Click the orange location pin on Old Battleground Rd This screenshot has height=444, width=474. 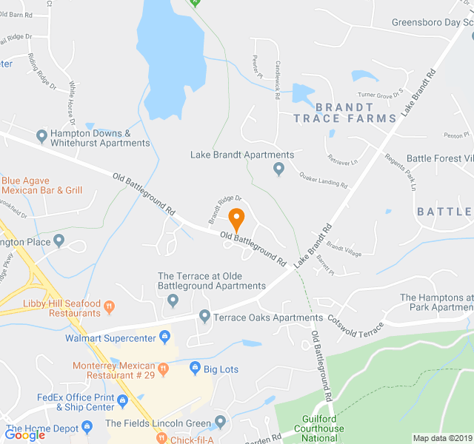pos(236,220)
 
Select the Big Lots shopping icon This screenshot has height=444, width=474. pos(195,367)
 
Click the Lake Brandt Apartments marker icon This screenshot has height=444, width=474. pos(278,169)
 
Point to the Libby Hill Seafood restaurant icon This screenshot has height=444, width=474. pos(109,305)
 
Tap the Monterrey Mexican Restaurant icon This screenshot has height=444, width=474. pos(164,367)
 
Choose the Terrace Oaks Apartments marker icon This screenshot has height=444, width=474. pos(204,317)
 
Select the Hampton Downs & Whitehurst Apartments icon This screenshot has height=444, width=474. pos(42,135)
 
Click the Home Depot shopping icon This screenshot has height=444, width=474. pos(87,428)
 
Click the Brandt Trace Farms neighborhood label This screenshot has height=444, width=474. pos(344,112)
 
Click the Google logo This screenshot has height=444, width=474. pos(24,435)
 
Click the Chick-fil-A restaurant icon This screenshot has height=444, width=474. pos(160,439)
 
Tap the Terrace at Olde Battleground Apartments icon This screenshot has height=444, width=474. pos(173,300)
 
